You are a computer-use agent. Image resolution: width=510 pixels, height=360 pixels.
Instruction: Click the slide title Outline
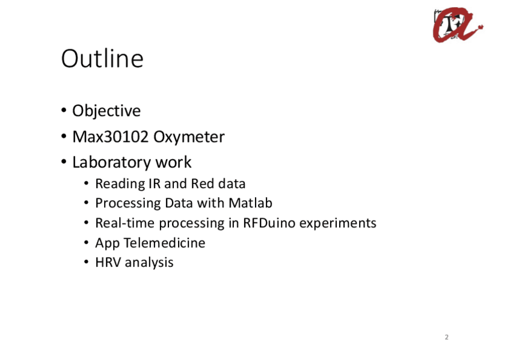tap(102, 58)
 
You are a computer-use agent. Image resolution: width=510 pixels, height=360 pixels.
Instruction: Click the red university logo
tap(458, 25)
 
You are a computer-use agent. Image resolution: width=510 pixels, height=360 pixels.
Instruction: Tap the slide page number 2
tap(447, 337)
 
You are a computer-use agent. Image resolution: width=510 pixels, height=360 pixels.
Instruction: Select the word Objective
tap(106, 111)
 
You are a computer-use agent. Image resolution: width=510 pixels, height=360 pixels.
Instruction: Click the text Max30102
tap(110, 137)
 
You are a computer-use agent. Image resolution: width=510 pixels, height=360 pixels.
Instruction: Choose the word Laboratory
tap(111, 162)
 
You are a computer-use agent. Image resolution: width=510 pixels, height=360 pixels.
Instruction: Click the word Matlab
tap(250, 203)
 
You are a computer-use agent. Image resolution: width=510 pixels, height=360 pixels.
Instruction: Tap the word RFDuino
tap(269, 223)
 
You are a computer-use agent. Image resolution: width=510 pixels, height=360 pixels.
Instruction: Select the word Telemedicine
tap(165, 243)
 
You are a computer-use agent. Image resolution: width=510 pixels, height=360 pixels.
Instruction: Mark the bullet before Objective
tap(64, 110)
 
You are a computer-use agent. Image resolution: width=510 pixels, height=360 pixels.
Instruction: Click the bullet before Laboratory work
tap(64, 162)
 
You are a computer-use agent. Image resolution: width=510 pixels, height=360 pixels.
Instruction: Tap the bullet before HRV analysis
tap(86, 262)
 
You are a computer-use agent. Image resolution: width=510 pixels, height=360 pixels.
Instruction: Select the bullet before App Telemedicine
tap(86, 242)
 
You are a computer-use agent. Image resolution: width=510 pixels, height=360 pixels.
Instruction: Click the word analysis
tap(149, 263)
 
